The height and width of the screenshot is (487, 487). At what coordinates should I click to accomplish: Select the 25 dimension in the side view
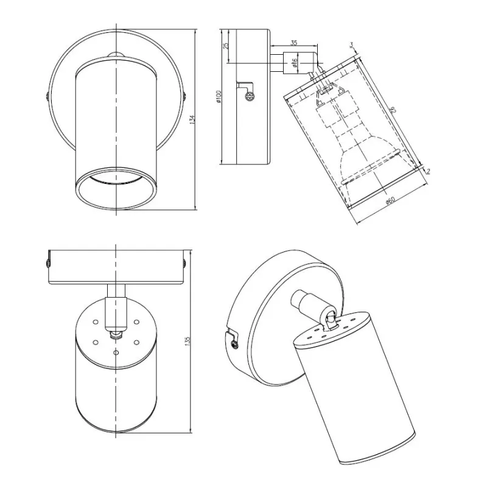click(x=225, y=46)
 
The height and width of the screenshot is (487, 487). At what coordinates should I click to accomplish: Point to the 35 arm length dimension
click(x=294, y=43)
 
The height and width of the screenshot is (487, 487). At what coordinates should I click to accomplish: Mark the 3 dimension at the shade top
click(x=352, y=44)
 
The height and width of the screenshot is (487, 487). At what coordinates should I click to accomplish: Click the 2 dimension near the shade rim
click(x=429, y=171)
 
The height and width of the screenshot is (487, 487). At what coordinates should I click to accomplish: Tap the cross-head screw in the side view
click(x=248, y=96)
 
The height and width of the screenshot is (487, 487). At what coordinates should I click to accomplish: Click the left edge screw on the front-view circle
click(x=47, y=96)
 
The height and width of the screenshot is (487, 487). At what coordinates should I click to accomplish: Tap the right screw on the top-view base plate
click(x=184, y=262)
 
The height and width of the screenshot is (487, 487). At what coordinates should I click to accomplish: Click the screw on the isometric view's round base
click(x=234, y=344)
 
